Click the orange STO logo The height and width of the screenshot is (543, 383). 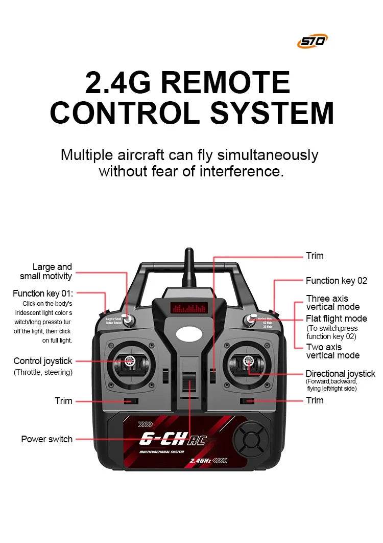312,41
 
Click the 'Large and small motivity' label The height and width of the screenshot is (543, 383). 46,271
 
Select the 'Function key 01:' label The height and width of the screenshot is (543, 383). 43,293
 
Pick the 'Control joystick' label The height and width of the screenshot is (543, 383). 43,361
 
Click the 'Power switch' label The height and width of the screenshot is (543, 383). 46,439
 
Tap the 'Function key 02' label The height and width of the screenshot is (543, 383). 336,281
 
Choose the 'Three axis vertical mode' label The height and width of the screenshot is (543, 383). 332,303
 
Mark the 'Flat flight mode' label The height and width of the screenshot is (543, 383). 336,319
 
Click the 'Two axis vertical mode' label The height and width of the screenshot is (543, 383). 332,351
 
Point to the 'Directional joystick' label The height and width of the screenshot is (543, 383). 340,374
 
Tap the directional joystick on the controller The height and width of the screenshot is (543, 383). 248,363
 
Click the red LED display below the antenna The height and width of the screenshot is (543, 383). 189,309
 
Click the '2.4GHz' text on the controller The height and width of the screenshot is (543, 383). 200,461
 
